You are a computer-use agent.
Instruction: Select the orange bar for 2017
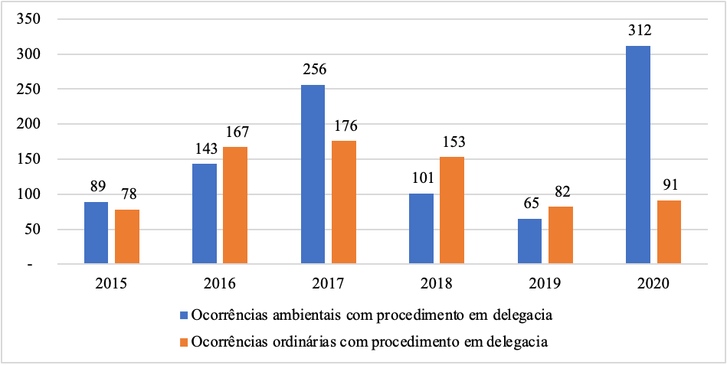point(344,203)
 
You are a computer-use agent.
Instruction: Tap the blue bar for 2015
point(96,233)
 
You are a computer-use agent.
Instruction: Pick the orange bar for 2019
point(561,236)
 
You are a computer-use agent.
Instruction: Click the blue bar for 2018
point(421,229)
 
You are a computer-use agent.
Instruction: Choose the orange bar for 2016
point(235,206)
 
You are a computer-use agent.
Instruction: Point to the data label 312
point(637,31)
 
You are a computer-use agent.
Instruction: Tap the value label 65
point(529,204)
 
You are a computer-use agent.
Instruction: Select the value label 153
point(453,142)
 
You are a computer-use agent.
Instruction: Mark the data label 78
point(127,195)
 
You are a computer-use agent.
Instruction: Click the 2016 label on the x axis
point(220,283)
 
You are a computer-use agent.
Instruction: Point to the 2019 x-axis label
point(545,283)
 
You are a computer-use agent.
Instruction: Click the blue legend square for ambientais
point(183,315)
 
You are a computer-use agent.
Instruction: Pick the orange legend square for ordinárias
point(183,341)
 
